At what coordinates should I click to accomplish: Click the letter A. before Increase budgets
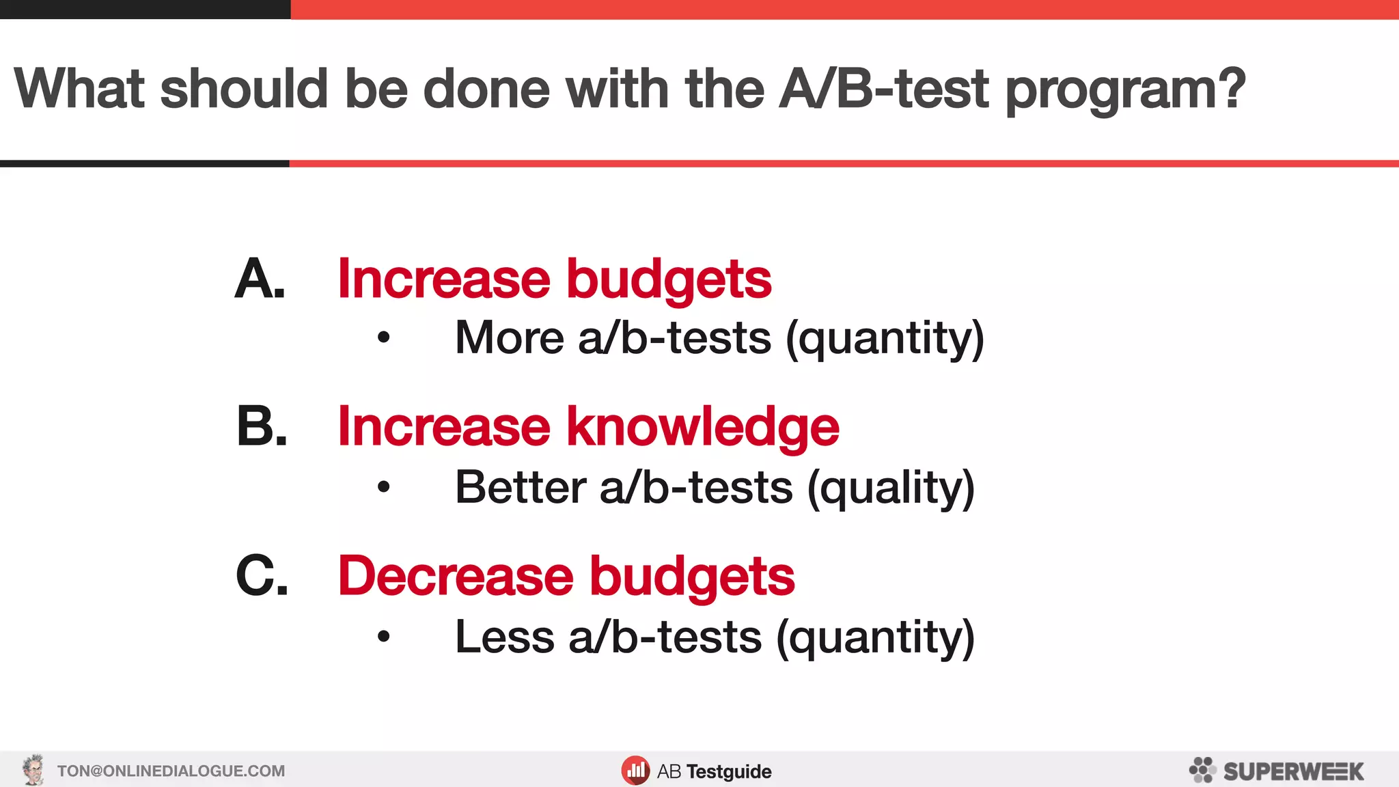pos(259,279)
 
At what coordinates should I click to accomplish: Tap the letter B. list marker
pos(261,426)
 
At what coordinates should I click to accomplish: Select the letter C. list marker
pos(262,575)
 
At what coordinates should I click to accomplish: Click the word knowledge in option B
pos(703,426)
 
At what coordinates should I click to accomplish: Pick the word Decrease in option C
pos(456,575)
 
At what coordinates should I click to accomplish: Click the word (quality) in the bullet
pos(891,488)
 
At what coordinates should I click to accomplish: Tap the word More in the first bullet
pos(510,337)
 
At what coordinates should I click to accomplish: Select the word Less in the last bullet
pos(504,637)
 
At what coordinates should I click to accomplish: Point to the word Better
pos(521,488)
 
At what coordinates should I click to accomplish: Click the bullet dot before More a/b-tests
pos(384,337)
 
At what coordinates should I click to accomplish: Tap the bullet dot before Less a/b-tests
pos(384,637)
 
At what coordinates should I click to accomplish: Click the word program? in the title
pos(1126,90)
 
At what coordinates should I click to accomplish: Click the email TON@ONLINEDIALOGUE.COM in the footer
pos(171,771)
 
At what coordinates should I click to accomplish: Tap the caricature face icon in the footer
pos(33,771)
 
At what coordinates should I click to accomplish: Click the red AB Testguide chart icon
pos(635,771)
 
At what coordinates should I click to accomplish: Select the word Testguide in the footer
pos(729,772)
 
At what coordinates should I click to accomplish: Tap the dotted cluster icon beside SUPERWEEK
pos(1202,770)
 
